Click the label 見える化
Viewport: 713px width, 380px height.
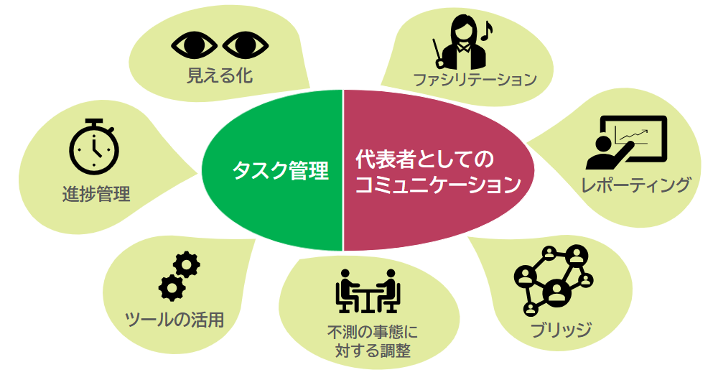[220, 75]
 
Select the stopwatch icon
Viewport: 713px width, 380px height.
[93, 147]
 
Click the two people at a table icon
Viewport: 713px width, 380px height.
[368, 291]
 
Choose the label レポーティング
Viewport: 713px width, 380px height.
[636, 185]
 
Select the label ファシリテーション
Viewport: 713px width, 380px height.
[475, 79]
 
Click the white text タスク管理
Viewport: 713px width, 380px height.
[280, 171]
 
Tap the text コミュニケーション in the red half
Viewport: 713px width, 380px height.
[437, 185]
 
